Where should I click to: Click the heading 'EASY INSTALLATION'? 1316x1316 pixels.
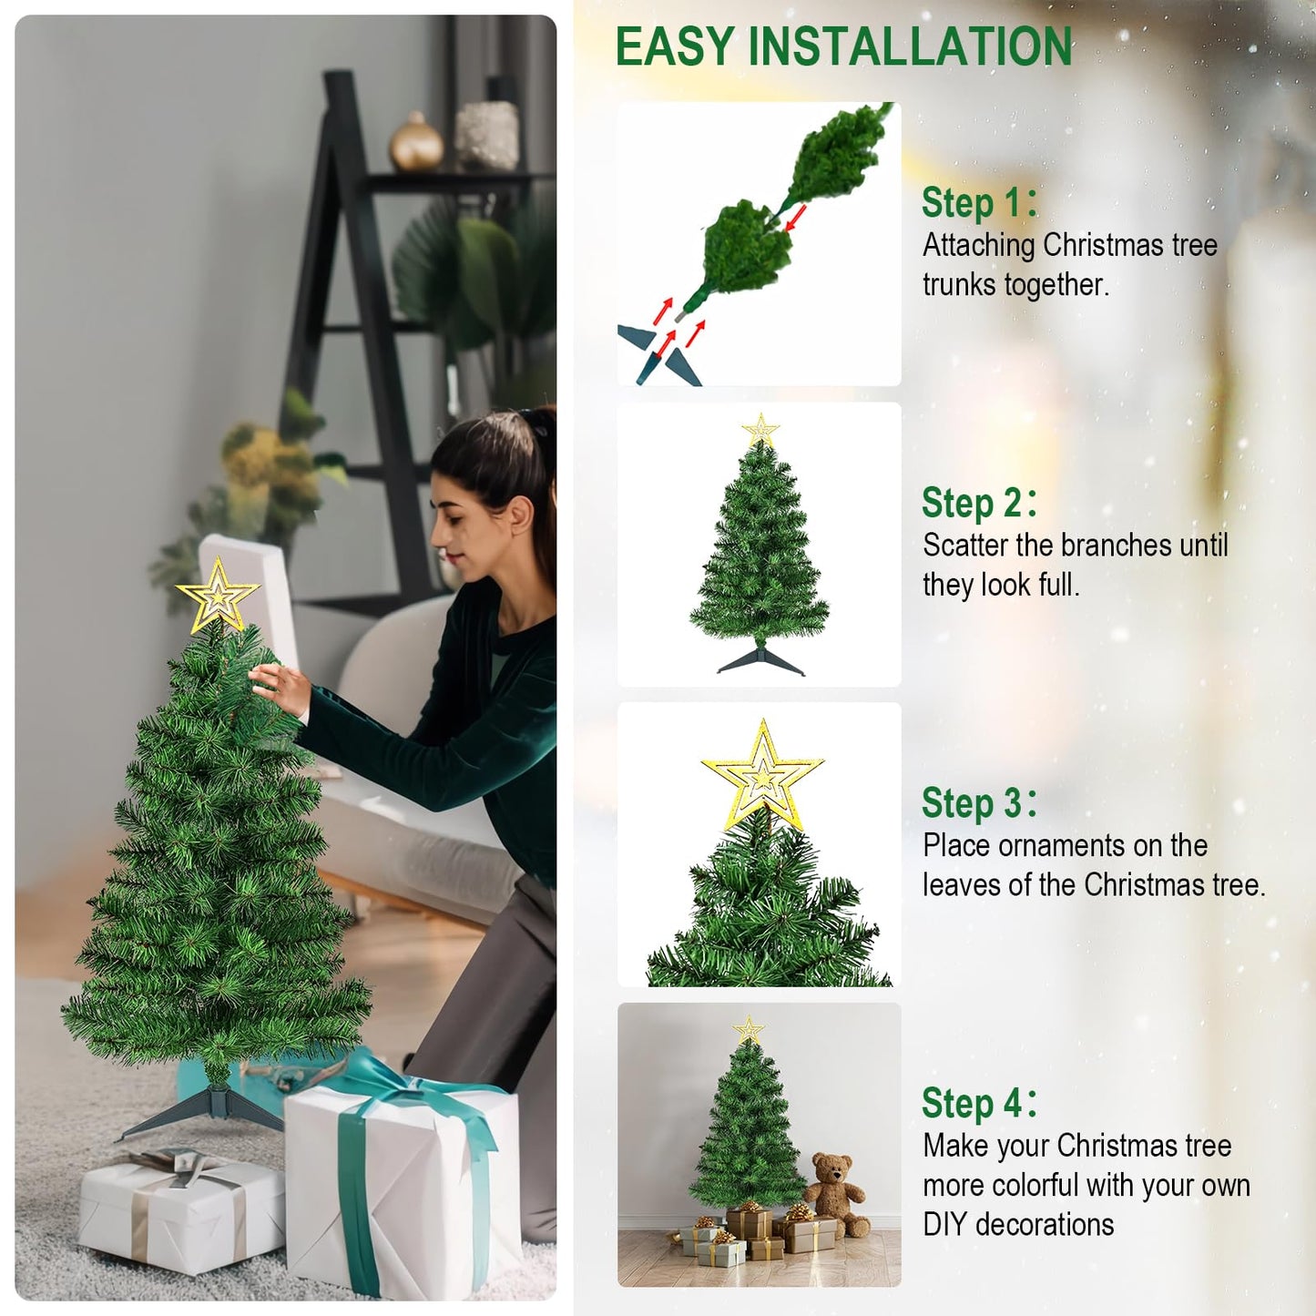tap(843, 47)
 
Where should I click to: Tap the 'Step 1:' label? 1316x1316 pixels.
tap(978, 202)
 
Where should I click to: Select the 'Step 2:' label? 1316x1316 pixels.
tap(978, 503)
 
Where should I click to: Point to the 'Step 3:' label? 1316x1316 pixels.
tap(978, 803)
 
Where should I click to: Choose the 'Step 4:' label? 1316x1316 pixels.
tap(978, 1104)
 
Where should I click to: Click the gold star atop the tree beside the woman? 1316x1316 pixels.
tap(218, 597)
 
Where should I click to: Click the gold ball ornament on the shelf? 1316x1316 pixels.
tap(416, 144)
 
